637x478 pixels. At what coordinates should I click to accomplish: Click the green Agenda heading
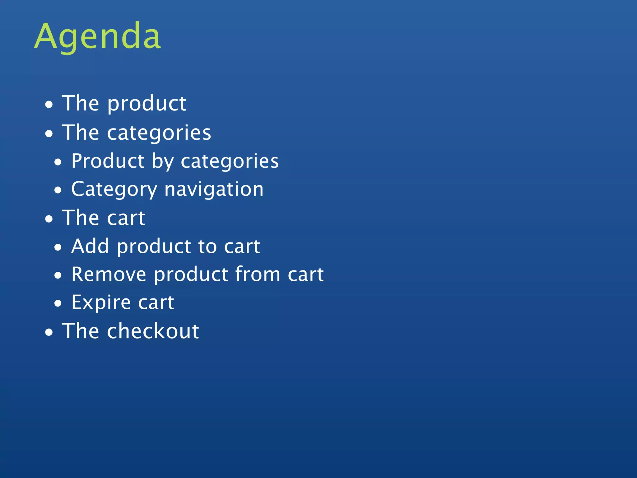point(97,37)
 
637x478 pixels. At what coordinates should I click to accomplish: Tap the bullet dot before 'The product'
point(49,105)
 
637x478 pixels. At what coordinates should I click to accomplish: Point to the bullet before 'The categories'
point(49,134)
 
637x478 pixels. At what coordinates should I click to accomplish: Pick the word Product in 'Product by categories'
point(108,161)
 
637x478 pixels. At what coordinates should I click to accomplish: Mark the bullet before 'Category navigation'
point(58,190)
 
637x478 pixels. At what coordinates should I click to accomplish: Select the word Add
point(90,246)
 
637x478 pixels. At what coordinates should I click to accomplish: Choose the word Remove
point(109,274)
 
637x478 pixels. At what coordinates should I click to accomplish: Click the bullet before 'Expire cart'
point(58,303)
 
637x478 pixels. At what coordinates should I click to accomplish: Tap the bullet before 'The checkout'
point(49,332)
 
